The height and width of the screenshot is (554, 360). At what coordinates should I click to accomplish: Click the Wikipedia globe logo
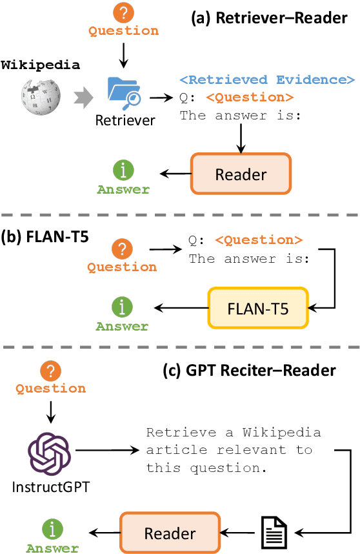tap(40, 97)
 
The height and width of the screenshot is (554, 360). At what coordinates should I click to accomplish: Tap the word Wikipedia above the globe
tap(40, 65)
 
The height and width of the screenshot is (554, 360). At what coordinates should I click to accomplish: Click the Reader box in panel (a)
tap(241, 174)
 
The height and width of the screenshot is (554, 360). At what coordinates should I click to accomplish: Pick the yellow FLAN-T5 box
tap(258, 308)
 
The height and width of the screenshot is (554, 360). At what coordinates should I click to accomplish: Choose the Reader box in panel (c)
tap(170, 533)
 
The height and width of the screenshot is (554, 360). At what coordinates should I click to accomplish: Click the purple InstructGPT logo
tap(49, 455)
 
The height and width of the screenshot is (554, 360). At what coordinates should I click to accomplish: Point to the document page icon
tap(274, 533)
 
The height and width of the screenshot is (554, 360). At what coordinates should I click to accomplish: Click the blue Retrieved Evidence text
tap(267, 80)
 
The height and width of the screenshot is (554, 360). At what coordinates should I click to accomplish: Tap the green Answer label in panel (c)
tap(52, 548)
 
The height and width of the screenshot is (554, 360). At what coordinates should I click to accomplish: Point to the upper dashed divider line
tap(180, 214)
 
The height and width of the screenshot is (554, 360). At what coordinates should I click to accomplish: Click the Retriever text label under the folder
tap(125, 120)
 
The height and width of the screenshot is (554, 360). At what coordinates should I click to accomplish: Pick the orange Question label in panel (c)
tap(50, 389)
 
